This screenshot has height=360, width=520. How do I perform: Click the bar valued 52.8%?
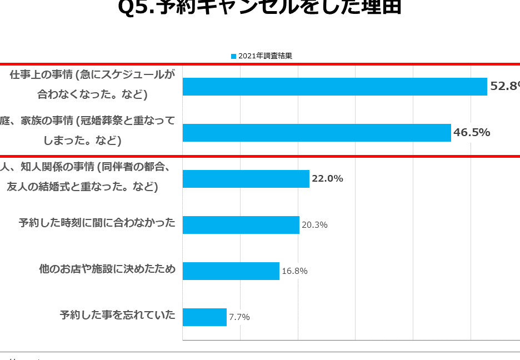tap(334, 87)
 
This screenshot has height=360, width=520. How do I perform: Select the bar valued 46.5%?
tap(317, 133)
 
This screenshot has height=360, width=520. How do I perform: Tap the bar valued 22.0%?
tap(246, 179)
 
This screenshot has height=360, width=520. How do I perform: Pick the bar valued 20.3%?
tap(241, 225)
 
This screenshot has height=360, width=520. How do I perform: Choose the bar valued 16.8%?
tap(231, 271)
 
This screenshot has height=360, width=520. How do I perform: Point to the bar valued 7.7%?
tap(204, 317)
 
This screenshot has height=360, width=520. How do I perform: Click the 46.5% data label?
tap(472, 132)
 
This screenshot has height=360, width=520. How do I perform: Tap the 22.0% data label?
tap(327, 178)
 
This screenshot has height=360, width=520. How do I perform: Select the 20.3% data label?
tap(314, 225)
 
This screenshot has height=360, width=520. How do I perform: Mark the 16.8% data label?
tap(294, 271)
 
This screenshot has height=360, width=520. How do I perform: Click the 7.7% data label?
tap(239, 317)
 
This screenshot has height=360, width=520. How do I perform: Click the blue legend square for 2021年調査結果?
tap(233, 56)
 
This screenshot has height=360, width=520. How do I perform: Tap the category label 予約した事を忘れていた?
tap(118, 316)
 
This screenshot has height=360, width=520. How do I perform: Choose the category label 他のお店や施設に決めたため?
tap(107, 269)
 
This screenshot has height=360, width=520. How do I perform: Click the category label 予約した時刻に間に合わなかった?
tap(97, 223)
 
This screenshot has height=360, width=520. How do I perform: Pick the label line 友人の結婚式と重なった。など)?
tap(83, 187)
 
